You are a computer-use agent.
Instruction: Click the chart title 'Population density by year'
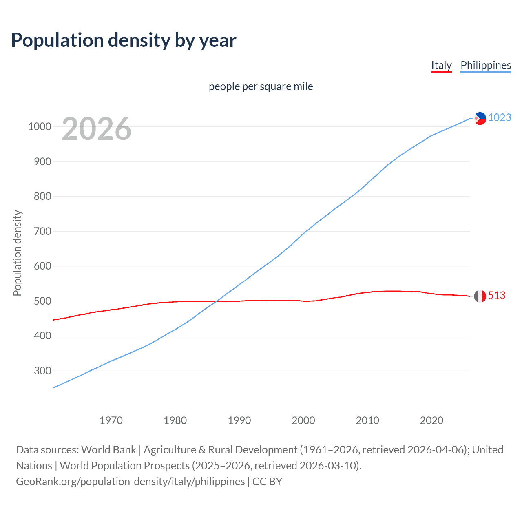[x=124, y=40]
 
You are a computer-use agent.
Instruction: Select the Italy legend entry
[x=441, y=65]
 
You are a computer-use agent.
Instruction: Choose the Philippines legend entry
[x=485, y=65]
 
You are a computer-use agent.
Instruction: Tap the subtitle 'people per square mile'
[x=261, y=86]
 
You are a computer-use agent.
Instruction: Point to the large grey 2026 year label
[x=97, y=129]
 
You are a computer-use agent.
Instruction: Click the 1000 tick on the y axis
[x=40, y=127]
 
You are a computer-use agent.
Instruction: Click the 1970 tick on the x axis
[x=111, y=420]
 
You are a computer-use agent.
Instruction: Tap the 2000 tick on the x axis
[x=303, y=420]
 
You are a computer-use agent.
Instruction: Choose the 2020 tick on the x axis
[x=431, y=420]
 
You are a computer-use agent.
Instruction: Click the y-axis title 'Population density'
[x=17, y=253]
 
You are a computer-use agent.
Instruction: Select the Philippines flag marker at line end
[x=480, y=118]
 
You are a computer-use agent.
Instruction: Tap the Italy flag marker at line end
[x=480, y=296]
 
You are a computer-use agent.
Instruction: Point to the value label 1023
[x=500, y=117]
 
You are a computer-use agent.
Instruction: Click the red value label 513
[x=496, y=295]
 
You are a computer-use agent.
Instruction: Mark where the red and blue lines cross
[x=216, y=301]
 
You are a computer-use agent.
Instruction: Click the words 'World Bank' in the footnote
[x=108, y=449]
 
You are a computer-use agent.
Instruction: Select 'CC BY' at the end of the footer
[x=267, y=481]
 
